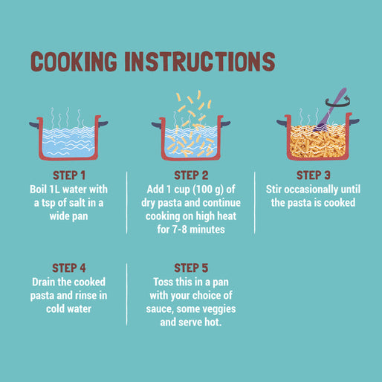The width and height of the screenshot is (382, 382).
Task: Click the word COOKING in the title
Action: coord(74,62)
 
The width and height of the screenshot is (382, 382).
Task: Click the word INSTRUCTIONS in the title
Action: coord(200,62)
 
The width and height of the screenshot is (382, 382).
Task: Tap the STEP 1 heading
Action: coord(69,175)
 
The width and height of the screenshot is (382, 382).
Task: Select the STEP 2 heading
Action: coord(191,175)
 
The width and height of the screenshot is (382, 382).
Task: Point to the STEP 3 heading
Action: coord(314,175)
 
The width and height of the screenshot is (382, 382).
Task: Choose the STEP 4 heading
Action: coord(69,268)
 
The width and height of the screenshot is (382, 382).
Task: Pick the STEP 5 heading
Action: coord(191,268)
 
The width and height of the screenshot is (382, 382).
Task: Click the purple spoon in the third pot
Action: coord(330,109)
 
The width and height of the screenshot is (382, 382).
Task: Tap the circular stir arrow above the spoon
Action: coord(338,102)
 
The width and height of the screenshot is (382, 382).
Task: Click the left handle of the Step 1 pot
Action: coord(34,125)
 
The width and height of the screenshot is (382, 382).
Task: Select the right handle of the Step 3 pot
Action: coord(355,122)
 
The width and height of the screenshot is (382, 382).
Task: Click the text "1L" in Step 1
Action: coord(55,190)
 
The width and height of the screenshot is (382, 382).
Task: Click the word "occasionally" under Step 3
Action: coord(311,190)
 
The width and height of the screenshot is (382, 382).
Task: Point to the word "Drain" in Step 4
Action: coord(43,282)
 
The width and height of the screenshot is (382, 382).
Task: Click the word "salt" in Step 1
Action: coord(77,203)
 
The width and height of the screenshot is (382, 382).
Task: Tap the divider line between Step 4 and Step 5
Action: coord(127,294)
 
